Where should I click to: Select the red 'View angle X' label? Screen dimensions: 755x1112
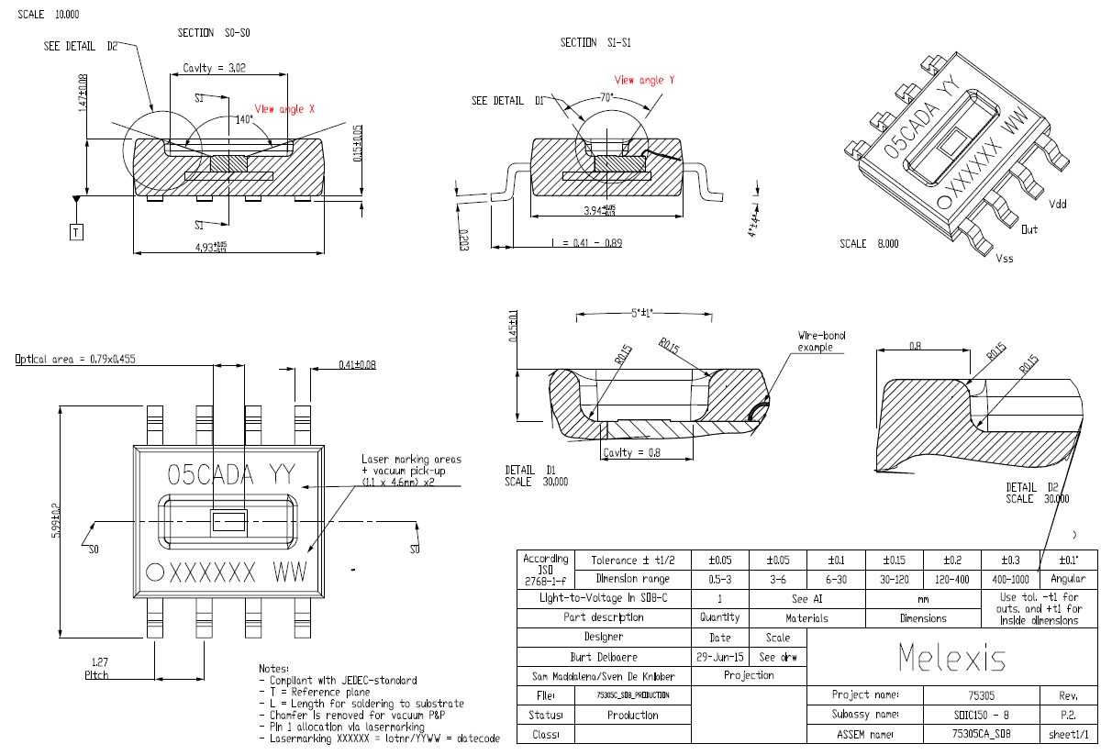pyautogui.click(x=284, y=108)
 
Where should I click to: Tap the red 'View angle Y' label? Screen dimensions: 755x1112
pyautogui.click(x=645, y=80)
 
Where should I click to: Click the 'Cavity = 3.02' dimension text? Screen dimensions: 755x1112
pyautogui.click(x=214, y=67)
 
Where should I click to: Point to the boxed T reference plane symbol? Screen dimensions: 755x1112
pyautogui.click(x=77, y=232)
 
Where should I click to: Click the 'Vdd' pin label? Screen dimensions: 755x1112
pyautogui.click(x=1058, y=203)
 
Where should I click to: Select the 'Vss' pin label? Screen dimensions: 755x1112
pyautogui.click(x=1006, y=259)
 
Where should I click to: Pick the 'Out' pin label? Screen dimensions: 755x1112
pyautogui.click(x=1029, y=229)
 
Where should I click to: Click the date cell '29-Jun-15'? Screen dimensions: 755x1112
pyautogui.click(x=720, y=657)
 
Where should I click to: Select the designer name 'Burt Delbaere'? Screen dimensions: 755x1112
pyautogui.click(x=603, y=657)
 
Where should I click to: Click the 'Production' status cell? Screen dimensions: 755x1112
pyautogui.click(x=632, y=715)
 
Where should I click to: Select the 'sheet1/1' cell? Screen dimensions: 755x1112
pyautogui.click(x=1068, y=734)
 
